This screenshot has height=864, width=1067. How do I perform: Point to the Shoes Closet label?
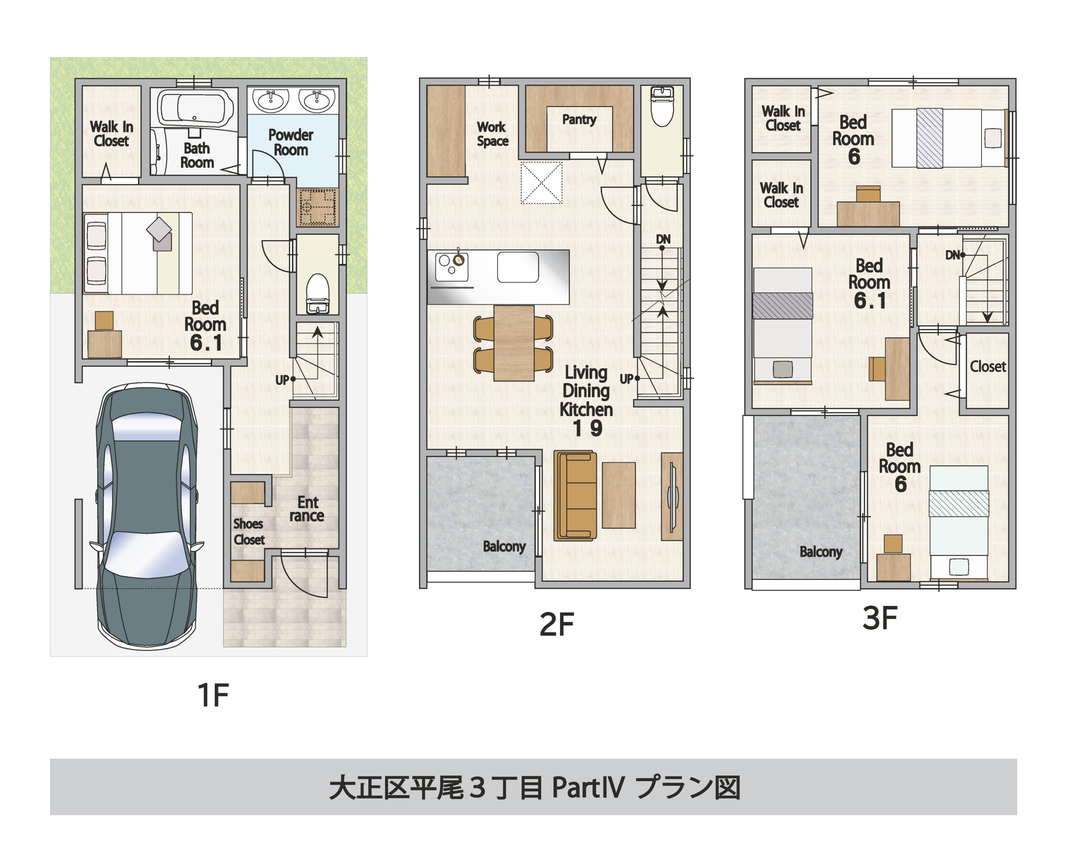click(x=249, y=531)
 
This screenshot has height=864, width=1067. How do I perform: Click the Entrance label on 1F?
click(x=307, y=508)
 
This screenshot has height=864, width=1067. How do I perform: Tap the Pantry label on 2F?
click(x=579, y=120)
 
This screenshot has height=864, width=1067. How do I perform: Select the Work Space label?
click(x=492, y=134)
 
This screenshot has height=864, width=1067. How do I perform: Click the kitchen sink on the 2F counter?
click(x=518, y=267)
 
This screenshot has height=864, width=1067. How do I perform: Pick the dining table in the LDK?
click(x=513, y=343)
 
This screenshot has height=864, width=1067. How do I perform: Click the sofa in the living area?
click(x=575, y=496)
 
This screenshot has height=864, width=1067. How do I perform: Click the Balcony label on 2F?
click(x=504, y=546)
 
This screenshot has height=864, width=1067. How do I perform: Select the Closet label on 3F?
click(x=987, y=367)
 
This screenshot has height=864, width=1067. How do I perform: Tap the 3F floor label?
click(x=879, y=619)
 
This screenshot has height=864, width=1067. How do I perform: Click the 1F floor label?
click(x=213, y=695)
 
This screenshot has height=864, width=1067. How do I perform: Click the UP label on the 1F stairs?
click(x=282, y=380)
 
